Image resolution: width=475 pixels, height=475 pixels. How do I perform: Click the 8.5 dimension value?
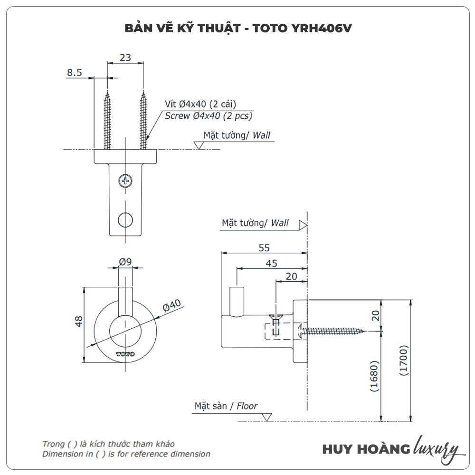[75, 73]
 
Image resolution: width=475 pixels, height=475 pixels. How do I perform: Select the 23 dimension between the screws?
[125, 58]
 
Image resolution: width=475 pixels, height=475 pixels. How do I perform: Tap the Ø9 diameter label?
[125, 261]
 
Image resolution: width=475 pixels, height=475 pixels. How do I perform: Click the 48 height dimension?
[79, 321]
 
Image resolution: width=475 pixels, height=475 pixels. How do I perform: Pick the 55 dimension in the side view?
[264, 247]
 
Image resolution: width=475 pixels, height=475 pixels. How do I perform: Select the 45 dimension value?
[272, 264]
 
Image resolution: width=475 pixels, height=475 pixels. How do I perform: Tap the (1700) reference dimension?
[403, 361]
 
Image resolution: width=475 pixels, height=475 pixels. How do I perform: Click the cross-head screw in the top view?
[125, 180]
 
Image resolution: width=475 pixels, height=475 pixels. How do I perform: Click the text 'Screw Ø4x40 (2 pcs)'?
[209, 115]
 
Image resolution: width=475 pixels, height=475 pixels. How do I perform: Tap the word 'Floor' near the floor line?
[247, 406]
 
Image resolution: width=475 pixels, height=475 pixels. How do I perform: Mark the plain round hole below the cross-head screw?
[125, 219]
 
